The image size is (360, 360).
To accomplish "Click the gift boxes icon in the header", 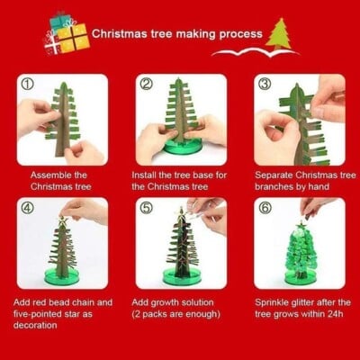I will click(67, 35).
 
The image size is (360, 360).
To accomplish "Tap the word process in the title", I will click(240, 34).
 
